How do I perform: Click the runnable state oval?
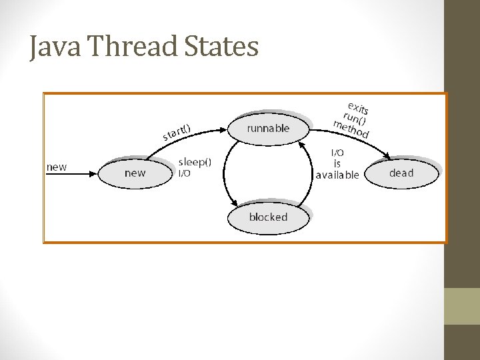pyautogui.click(x=269, y=129)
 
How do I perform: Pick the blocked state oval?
pyautogui.click(x=268, y=217)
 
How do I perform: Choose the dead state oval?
pyautogui.click(x=401, y=173)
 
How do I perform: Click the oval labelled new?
pyautogui.click(x=135, y=173)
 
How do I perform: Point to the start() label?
pyautogui.click(x=177, y=131)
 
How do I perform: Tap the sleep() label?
pyautogui.click(x=195, y=161)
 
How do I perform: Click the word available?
pyautogui.click(x=337, y=175)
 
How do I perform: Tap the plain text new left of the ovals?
pyautogui.click(x=57, y=167)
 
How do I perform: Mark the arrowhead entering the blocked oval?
pyautogui.click(x=234, y=204)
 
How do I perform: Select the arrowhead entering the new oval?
pyautogui.click(x=95, y=173)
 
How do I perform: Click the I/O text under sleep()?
pyautogui.click(x=185, y=173)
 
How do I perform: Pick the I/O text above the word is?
pyautogui.click(x=338, y=153)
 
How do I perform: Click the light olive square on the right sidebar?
pyautogui.click(x=462, y=306)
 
